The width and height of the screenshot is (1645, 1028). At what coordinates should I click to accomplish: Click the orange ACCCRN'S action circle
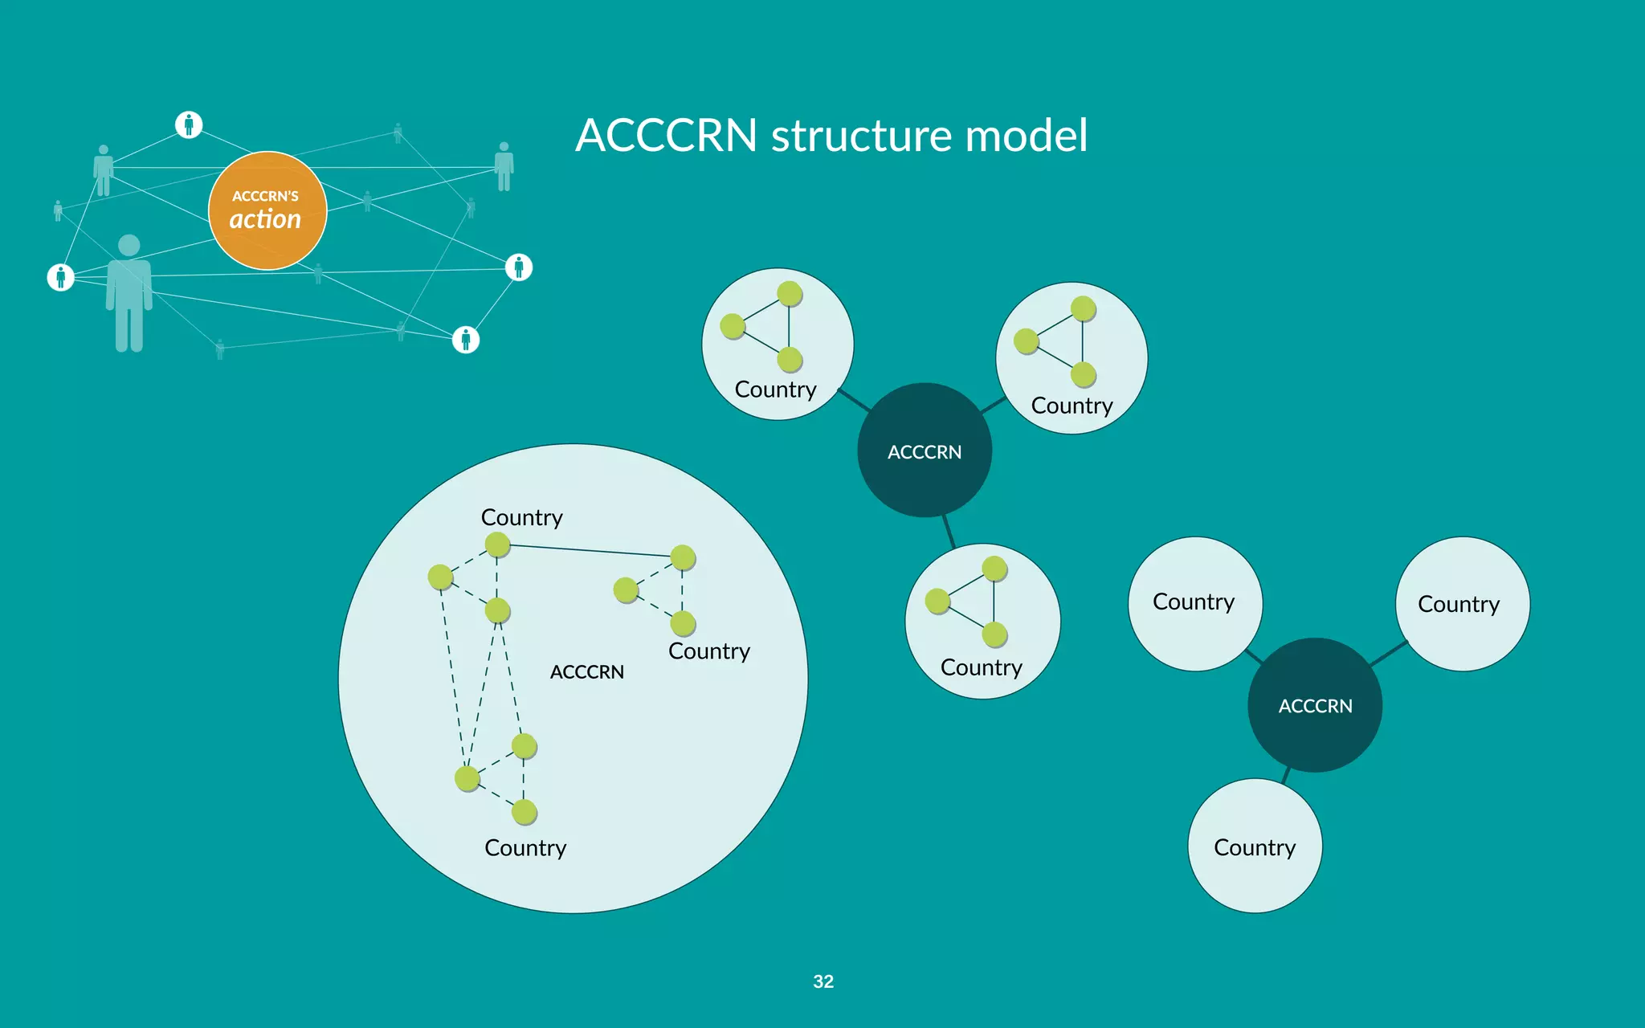point(267,210)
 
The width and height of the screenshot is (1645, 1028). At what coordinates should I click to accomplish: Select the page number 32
point(823,981)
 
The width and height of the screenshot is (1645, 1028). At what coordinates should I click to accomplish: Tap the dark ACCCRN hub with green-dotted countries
point(925,451)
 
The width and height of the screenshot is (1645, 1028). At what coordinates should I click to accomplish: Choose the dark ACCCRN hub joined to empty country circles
point(1315,705)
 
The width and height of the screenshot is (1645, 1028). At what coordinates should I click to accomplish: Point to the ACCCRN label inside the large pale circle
point(586,672)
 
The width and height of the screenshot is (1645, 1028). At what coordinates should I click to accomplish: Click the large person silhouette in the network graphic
point(129,293)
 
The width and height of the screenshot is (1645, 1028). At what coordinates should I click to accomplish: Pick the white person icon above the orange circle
point(189,124)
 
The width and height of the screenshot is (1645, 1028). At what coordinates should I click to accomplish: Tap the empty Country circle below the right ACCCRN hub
point(1255,846)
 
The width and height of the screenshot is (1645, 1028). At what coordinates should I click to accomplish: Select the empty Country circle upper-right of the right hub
point(1463,604)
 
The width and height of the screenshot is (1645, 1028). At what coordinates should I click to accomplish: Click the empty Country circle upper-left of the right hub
point(1194,603)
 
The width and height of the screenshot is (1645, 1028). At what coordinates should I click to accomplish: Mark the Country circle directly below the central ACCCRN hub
point(982,621)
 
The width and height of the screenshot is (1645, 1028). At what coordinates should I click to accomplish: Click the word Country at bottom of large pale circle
point(525,848)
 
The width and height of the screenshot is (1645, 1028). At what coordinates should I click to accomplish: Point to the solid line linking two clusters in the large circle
point(590,550)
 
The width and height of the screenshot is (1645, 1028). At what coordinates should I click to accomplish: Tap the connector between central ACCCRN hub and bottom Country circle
point(949,531)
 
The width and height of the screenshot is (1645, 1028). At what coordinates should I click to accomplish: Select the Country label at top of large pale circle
point(521,518)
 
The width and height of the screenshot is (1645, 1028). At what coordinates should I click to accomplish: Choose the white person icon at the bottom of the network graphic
point(466,340)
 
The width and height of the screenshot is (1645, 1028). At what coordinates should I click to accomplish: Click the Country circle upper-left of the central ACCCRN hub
point(777,344)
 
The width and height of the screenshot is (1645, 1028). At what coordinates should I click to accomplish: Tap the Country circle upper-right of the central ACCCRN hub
point(1071,358)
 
